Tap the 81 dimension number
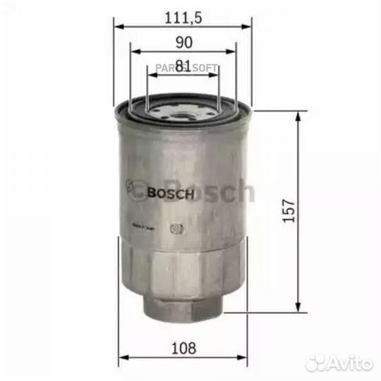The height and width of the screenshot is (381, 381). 183,66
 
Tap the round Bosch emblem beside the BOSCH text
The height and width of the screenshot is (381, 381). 132,190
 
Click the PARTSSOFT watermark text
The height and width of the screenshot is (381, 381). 192,68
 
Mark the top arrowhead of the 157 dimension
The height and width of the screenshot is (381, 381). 303,114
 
